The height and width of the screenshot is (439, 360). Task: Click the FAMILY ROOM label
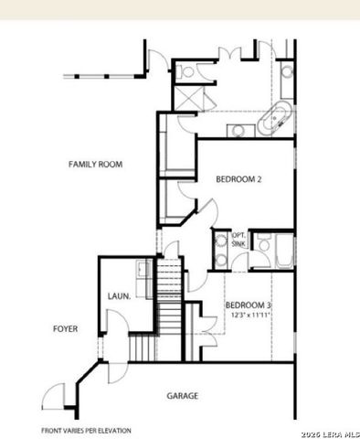(96, 165)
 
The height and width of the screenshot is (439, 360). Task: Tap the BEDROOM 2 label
(238, 179)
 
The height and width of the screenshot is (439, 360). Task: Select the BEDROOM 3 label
(249, 305)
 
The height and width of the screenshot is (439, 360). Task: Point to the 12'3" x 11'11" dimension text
(249, 316)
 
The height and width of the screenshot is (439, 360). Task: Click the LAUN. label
(118, 296)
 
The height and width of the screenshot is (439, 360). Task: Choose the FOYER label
(65, 328)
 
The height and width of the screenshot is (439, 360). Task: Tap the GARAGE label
(183, 396)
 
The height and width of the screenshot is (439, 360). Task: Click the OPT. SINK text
(238, 239)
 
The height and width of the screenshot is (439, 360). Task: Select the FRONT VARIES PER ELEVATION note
(86, 430)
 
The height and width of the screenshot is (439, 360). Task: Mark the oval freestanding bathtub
(277, 122)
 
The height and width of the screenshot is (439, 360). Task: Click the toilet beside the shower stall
(188, 70)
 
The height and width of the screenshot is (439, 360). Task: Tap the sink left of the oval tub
(238, 129)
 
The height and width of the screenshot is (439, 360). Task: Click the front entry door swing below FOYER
(54, 395)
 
